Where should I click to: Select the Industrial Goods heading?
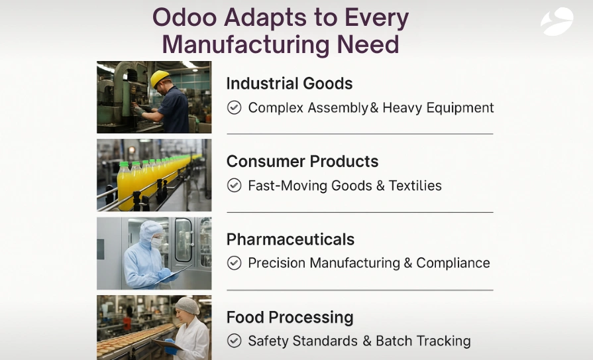tap(289, 84)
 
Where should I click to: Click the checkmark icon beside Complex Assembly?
tap(234, 107)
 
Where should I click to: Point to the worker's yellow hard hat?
tap(160, 78)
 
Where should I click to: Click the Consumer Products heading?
tap(302, 162)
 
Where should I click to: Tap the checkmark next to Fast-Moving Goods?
tap(234, 186)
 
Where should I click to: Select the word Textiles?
tap(415, 186)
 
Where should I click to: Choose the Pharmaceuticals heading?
tap(290, 239)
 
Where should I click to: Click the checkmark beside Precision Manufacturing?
tap(234, 263)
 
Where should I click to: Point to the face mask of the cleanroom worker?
tap(156, 243)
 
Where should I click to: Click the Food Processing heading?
tap(290, 318)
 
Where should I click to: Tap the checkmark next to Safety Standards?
tap(234, 341)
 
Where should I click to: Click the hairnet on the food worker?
tap(188, 305)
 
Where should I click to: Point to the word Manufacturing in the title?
tap(244, 44)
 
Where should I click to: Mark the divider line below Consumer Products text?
tap(360, 212)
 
